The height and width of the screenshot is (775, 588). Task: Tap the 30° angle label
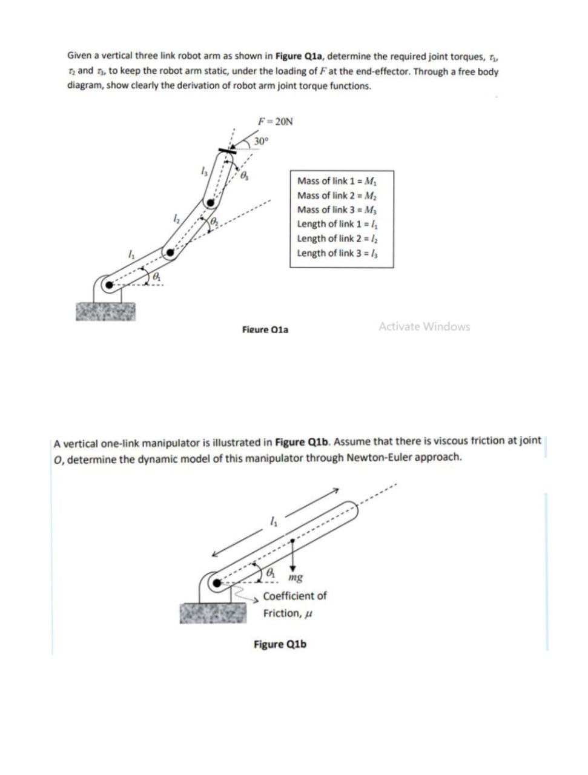(x=261, y=141)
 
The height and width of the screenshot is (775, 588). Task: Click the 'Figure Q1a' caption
(x=265, y=330)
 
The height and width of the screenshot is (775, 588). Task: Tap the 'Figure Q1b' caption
(x=280, y=644)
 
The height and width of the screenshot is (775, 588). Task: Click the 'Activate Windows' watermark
(x=424, y=327)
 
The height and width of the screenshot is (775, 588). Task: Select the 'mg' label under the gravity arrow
(x=297, y=577)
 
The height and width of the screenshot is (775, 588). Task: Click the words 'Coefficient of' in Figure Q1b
(x=295, y=596)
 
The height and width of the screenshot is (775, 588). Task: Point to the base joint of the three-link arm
(x=108, y=283)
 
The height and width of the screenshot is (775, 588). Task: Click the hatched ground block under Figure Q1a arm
(x=105, y=311)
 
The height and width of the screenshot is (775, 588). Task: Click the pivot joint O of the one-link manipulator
(x=216, y=583)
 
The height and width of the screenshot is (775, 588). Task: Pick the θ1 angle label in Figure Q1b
(x=272, y=572)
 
